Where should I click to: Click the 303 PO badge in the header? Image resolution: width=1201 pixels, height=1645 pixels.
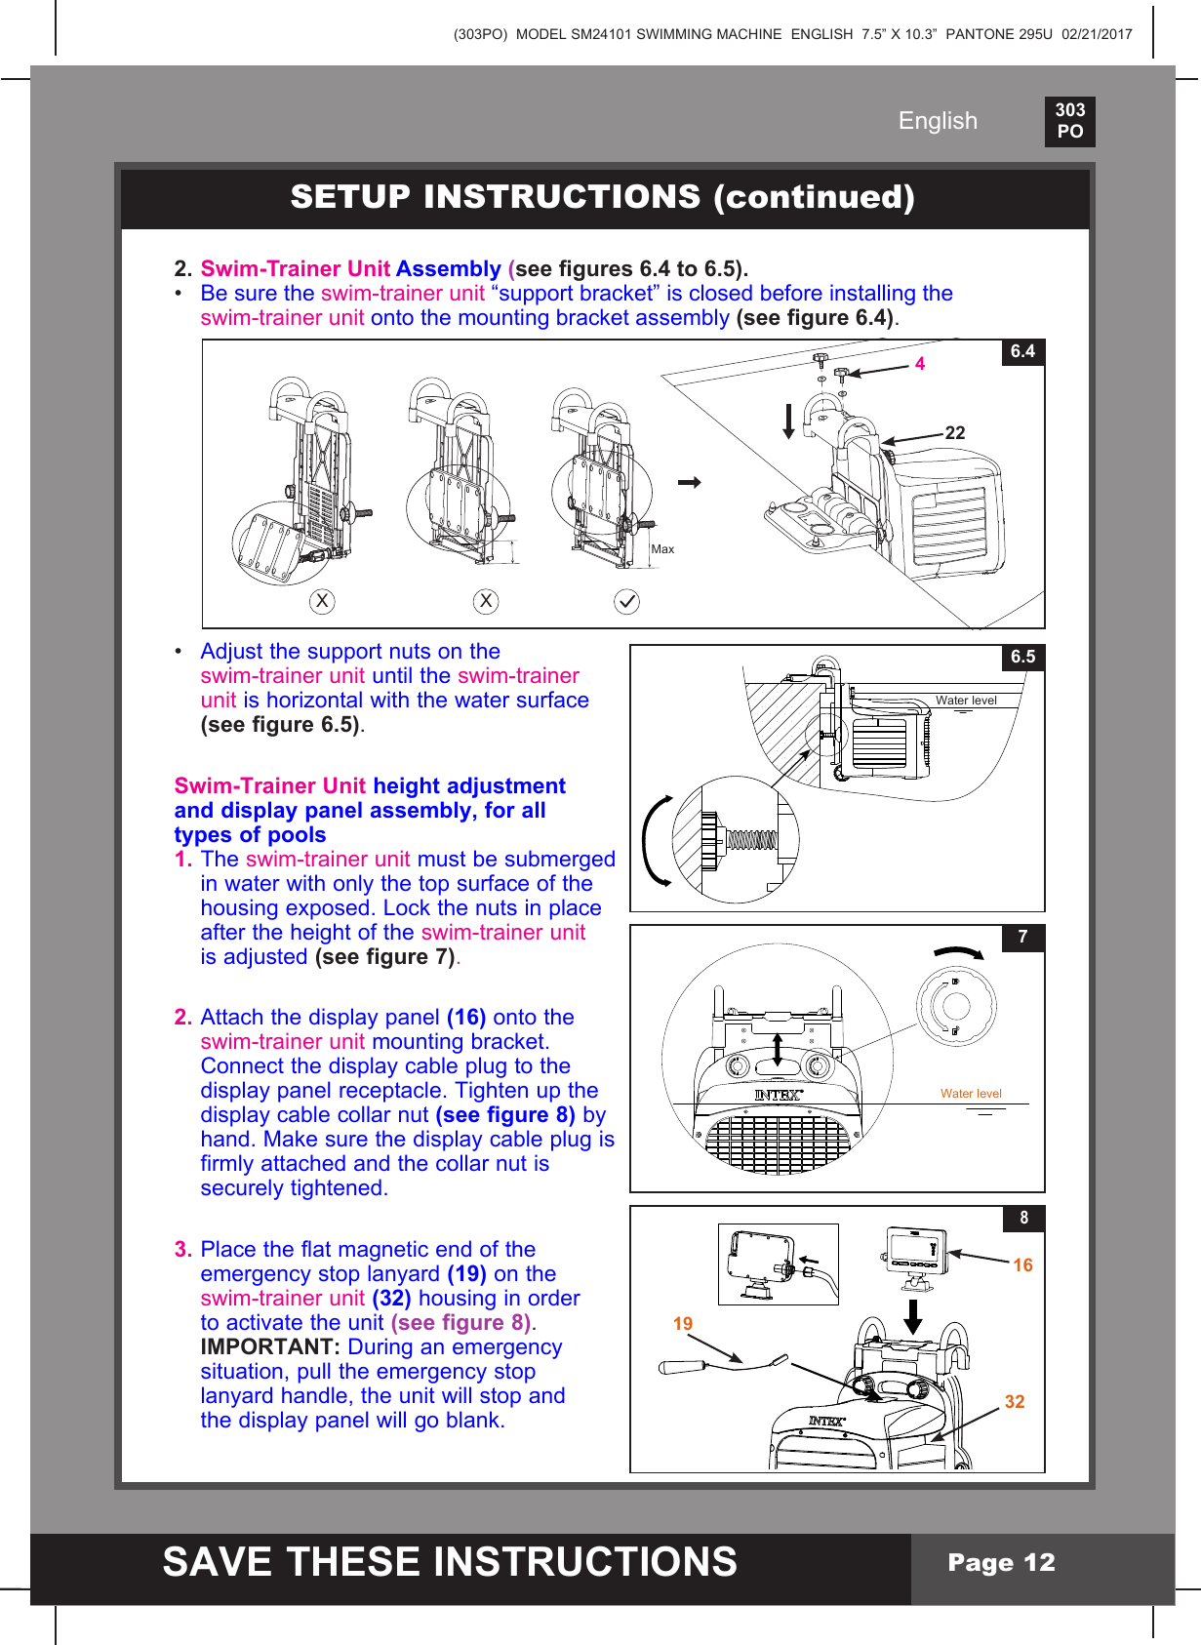1069,121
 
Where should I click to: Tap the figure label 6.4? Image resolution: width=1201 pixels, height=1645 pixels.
1022,351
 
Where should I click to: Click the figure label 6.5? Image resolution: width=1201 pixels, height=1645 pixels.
1022,657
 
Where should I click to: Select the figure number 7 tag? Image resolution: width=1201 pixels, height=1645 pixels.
1022,937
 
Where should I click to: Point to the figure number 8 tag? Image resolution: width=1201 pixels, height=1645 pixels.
1023,1218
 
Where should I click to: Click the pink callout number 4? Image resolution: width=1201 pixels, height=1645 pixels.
920,364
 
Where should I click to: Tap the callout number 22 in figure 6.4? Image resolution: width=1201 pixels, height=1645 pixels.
955,432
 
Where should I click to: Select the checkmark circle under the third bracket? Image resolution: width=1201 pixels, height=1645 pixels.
626,601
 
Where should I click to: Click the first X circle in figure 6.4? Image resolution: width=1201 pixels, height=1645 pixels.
322,601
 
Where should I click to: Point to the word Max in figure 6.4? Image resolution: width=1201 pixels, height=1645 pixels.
662,549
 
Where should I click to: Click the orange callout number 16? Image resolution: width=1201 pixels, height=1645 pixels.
1022,1265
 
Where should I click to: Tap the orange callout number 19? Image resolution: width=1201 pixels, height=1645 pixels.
683,1324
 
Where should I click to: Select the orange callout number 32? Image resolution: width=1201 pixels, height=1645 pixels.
1015,1402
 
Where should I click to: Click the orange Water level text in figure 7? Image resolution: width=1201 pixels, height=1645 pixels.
971,1094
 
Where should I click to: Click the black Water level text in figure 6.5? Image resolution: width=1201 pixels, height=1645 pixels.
966,701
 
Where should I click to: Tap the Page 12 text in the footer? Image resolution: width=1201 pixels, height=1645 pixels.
1001,1562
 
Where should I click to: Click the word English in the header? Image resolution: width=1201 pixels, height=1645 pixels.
938,121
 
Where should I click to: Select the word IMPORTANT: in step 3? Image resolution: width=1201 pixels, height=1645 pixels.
270,1347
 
